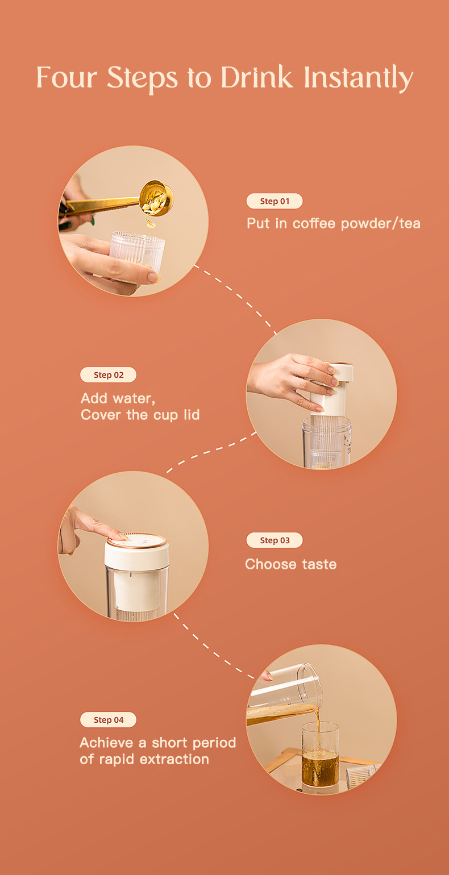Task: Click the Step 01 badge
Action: click(275, 201)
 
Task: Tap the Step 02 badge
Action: click(108, 375)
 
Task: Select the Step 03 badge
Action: click(275, 540)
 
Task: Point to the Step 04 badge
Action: click(108, 720)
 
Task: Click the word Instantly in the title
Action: click(358, 78)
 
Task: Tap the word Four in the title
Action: click(66, 77)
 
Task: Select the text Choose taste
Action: click(291, 564)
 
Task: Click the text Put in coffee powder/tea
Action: click(333, 223)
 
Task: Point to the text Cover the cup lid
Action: click(140, 415)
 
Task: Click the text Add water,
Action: click(118, 398)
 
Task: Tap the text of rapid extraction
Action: click(144, 759)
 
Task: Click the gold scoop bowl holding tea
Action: click(157, 198)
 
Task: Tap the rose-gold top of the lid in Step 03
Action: click(137, 541)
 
